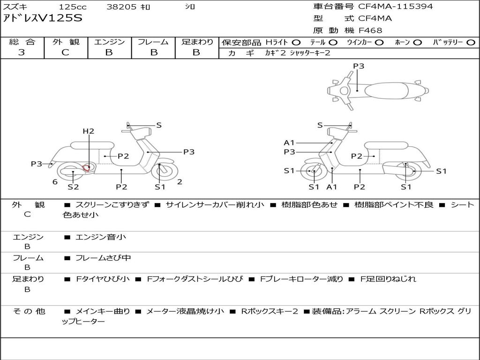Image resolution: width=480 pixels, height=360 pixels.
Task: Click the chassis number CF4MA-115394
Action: tap(396, 7)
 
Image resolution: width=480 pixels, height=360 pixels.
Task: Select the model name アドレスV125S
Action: tap(43, 18)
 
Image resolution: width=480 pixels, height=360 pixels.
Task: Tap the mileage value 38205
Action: tap(121, 7)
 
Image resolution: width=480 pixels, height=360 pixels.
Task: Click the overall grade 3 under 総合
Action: tap(22, 52)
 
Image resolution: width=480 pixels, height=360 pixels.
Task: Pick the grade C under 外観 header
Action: tap(65, 52)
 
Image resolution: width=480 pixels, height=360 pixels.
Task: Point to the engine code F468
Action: tap(370, 30)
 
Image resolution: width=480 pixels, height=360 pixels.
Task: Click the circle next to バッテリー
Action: tap(471, 43)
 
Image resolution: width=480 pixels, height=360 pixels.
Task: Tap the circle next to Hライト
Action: tap(296, 43)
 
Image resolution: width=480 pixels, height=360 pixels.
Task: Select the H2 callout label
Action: tap(89, 131)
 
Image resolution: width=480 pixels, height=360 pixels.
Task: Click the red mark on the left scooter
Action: tap(87, 168)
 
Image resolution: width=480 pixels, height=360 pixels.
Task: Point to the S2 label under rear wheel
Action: tap(73, 187)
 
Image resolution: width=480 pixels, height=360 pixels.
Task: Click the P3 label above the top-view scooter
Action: tap(359, 66)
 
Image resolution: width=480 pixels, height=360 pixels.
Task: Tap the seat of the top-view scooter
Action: tap(386, 90)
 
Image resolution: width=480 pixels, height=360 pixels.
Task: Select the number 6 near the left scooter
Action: tap(55, 182)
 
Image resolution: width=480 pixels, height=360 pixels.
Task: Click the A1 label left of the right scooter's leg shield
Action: tap(289, 142)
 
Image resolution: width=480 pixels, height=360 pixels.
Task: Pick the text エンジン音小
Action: tap(100, 237)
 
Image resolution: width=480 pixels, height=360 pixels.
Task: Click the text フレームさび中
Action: tap(103, 258)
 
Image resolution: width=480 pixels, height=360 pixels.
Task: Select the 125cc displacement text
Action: tap(73, 7)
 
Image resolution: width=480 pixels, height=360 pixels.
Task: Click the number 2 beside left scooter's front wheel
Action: tap(180, 182)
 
